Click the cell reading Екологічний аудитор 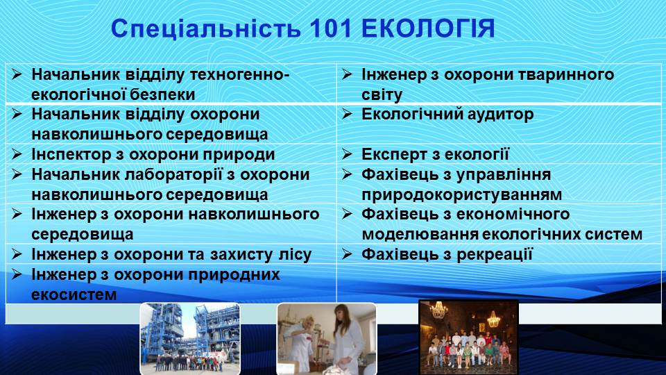(x=447, y=115)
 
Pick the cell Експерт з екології (x=435, y=154)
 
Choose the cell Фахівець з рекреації (x=447, y=254)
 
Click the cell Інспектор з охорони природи (x=153, y=154)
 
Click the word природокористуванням (x=461, y=194)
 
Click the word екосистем (x=72, y=294)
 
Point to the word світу (x=382, y=94)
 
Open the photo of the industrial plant (x=189, y=338)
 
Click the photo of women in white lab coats (x=326, y=338)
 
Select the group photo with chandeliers (x=468, y=337)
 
